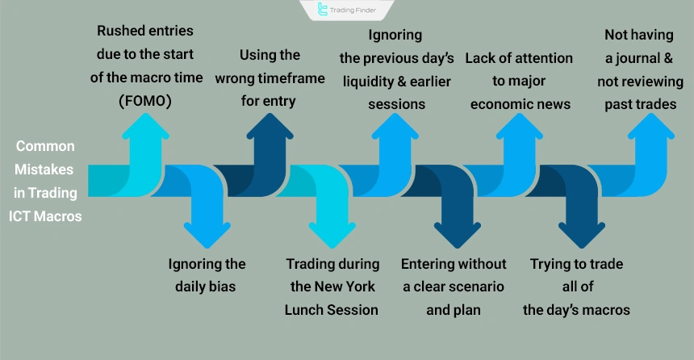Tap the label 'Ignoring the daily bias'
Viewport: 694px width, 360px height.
(207, 275)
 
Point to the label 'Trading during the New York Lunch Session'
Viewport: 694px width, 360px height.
(332, 287)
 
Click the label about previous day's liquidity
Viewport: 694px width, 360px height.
(395, 69)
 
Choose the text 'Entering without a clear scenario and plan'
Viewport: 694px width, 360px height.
(454, 287)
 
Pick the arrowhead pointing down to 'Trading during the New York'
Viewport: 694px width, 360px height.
(332, 234)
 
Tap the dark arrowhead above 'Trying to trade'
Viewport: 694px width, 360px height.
(581, 234)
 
